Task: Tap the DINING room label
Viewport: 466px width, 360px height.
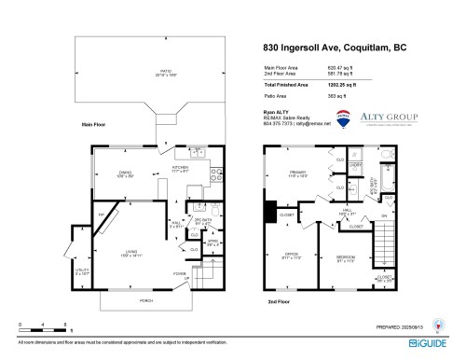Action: click(x=124, y=170)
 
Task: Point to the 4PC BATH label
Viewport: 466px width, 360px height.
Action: click(x=375, y=183)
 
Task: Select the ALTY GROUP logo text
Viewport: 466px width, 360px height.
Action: click(x=389, y=118)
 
